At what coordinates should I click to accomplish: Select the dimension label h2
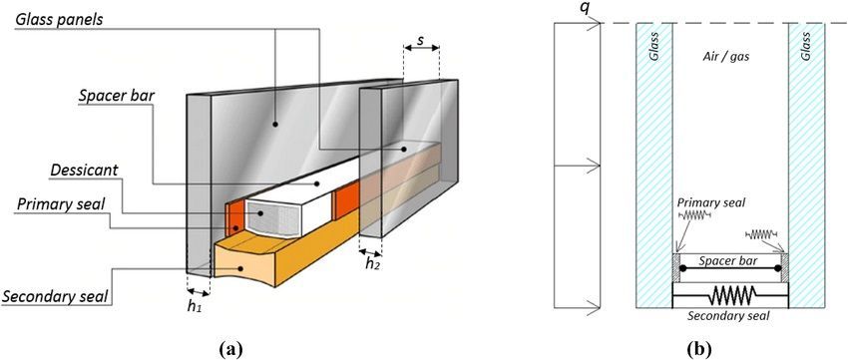click(x=371, y=263)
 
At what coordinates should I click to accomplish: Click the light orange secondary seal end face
click(x=239, y=261)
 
